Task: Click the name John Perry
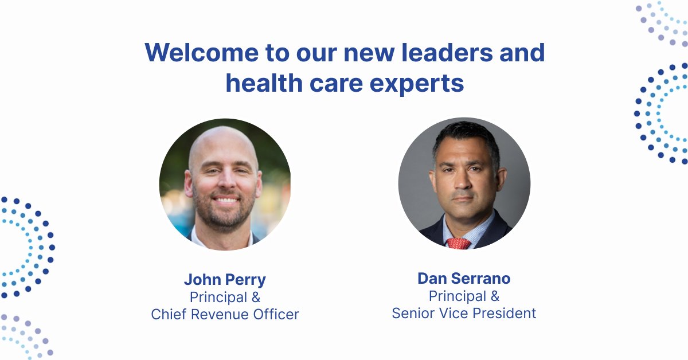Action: (x=225, y=280)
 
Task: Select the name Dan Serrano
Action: (x=464, y=279)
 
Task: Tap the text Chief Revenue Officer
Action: (x=225, y=314)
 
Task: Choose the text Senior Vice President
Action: (x=464, y=313)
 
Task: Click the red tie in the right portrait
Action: (x=459, y=243)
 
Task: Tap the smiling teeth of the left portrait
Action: (x=225, y=201)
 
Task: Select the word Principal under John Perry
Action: (x=218, y=298)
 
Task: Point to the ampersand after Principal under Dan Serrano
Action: (x=494, y=296)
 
